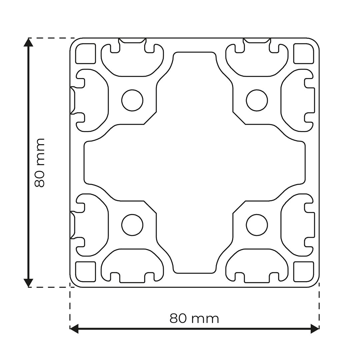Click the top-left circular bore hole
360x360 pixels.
coord(132,100)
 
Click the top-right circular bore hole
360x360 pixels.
coord(257,100)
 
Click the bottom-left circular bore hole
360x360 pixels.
coord(132,225)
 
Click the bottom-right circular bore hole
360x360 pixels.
coord(257,225)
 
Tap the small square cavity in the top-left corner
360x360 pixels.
coord(86,53)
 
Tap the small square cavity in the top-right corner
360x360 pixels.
coord(304,53)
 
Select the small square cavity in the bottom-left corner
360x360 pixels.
coord(86,272)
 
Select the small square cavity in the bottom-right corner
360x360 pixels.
coord(304,272)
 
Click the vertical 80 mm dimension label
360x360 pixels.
coord(40,163)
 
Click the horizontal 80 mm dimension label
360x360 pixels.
coord(194,319)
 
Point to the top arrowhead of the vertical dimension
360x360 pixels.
coord(29,42)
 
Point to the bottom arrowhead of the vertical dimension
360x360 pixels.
coord(29,283)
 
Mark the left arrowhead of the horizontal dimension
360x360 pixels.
coord(74,329)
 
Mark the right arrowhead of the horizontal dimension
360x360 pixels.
coord(315,329)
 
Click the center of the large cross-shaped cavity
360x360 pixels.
coord(194,163)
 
